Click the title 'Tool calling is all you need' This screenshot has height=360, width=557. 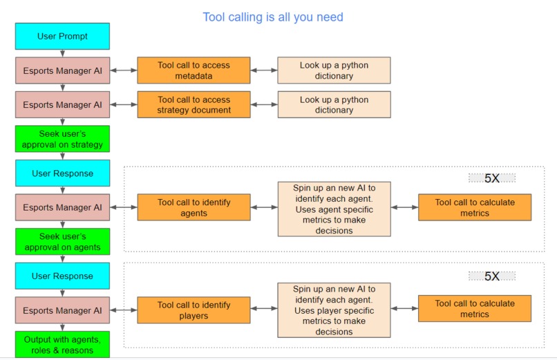(x=272, y=17)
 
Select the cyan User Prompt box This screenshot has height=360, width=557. (x=62, y=37)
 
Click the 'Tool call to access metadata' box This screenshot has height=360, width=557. (x=193, y=70)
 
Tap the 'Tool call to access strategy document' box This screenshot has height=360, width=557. (x=193, y=104)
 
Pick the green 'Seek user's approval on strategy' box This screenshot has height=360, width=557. (x=62, y=139)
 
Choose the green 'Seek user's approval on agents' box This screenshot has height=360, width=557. (x=62, y=242)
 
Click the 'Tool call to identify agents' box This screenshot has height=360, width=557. (x=193, y=208)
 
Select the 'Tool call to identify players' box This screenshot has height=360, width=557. (x=193, y=310)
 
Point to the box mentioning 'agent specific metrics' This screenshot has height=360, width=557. (x=334, y=209)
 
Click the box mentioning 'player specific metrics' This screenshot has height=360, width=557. (x=334, y=310)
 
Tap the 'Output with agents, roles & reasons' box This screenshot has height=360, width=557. (x=62, y=344)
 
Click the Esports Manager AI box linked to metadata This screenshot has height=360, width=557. (x=62, y=70)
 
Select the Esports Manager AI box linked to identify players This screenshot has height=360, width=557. (x=62, y=310)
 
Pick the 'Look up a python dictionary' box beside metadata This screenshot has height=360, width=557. (x=334, y=70)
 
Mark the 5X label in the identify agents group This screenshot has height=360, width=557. (x=491, y=178)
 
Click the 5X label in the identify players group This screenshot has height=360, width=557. (x=491, y=276)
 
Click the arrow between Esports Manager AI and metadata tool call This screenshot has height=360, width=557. (x=124, y=70)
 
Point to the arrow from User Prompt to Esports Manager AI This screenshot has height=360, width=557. (x=62, y=53)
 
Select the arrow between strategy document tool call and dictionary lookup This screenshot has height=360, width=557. (x=264, y=104)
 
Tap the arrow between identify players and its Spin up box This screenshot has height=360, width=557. (x=264, y=310)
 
